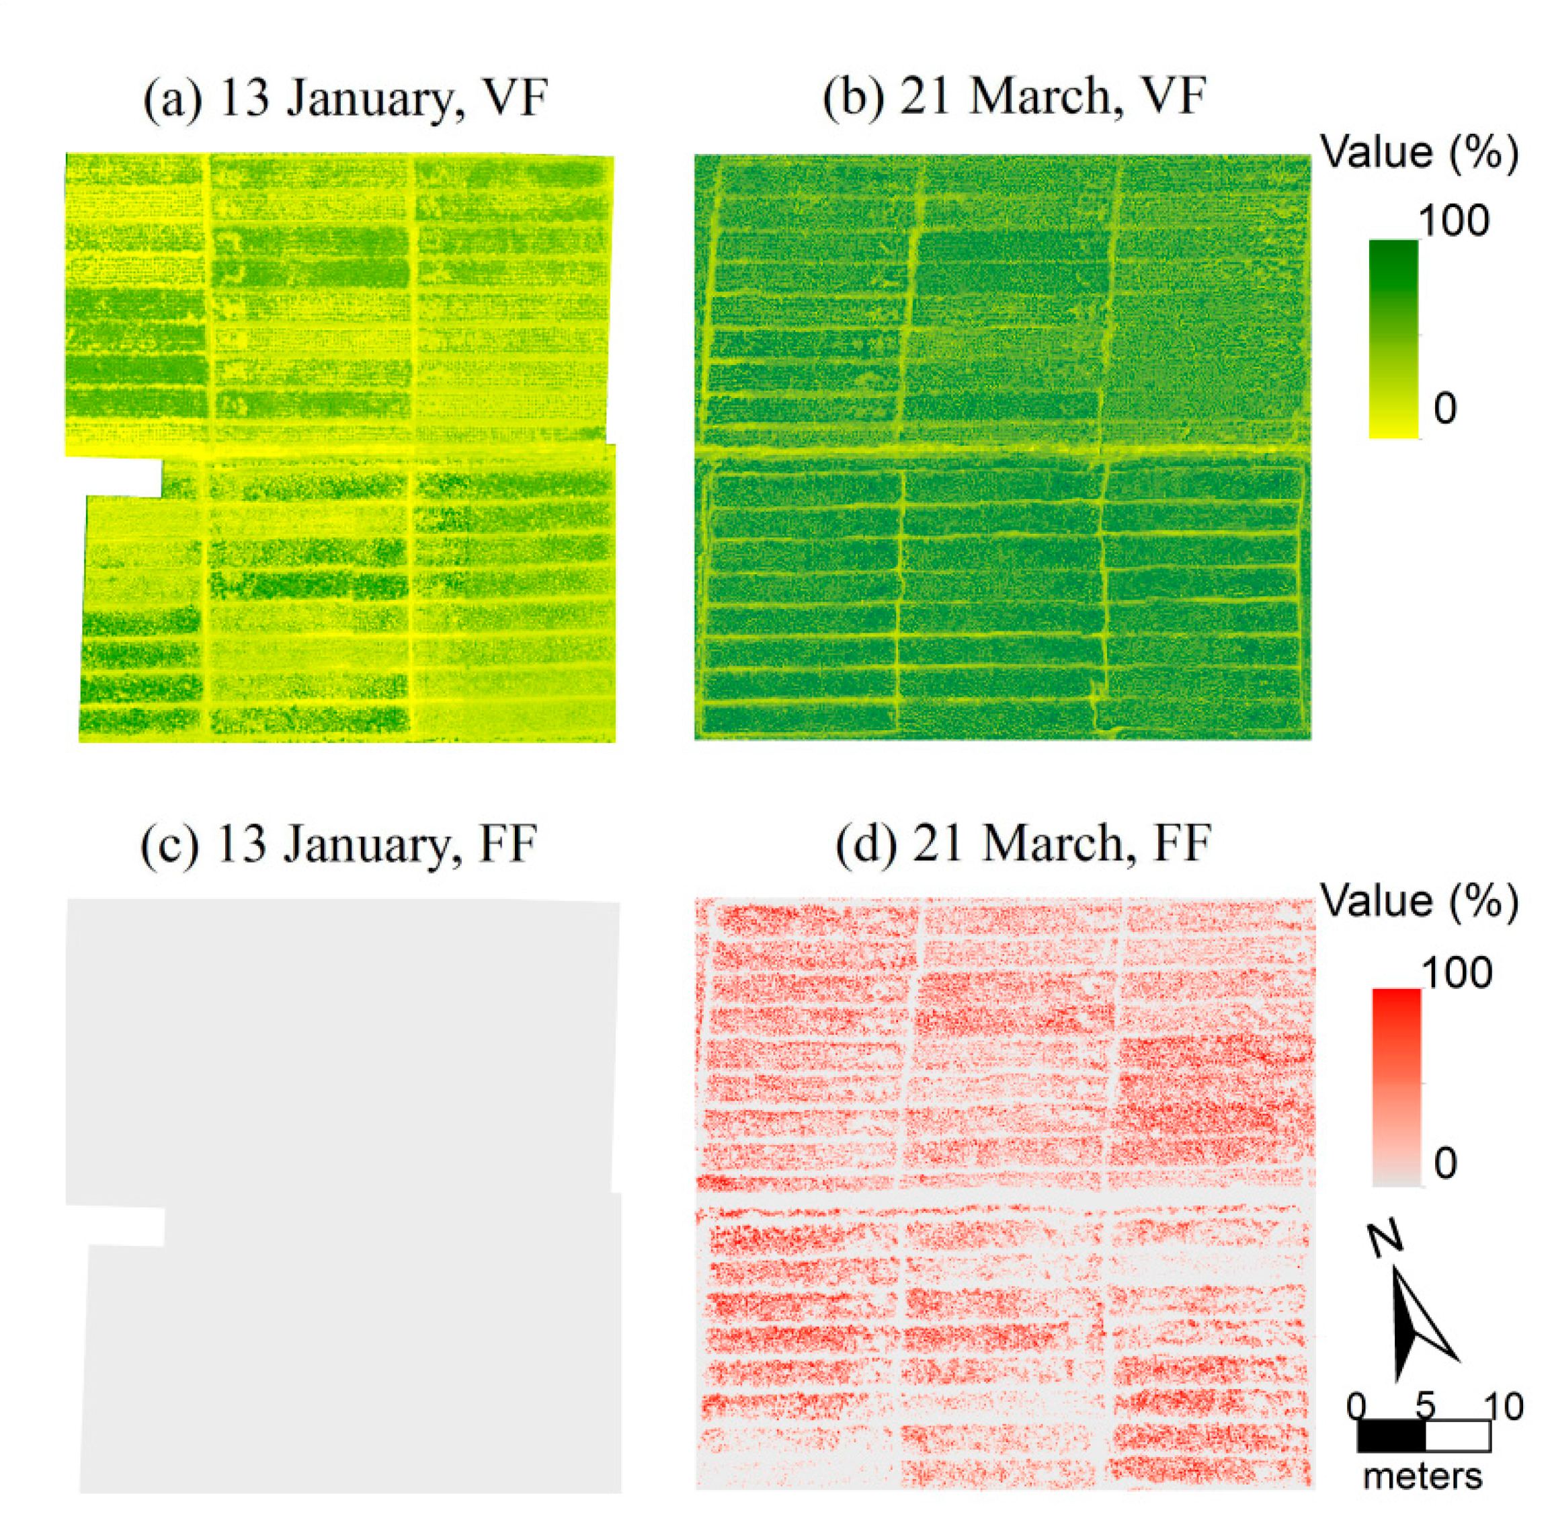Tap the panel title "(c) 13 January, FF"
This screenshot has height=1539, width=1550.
pyautogui.click(x=339, y=845)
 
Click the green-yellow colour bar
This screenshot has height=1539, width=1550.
pyautogui.click(x=1393, y=339)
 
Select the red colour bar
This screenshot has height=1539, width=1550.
pyautogui.click(x=1396, y=1087)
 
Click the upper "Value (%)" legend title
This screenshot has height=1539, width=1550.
pyautogui.click(x=1419, y=152)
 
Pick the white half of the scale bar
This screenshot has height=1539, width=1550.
pyautogui.click(x=1458, y=1435)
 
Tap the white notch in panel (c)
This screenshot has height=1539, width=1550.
pyautogui.click(x=116, y=1225)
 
